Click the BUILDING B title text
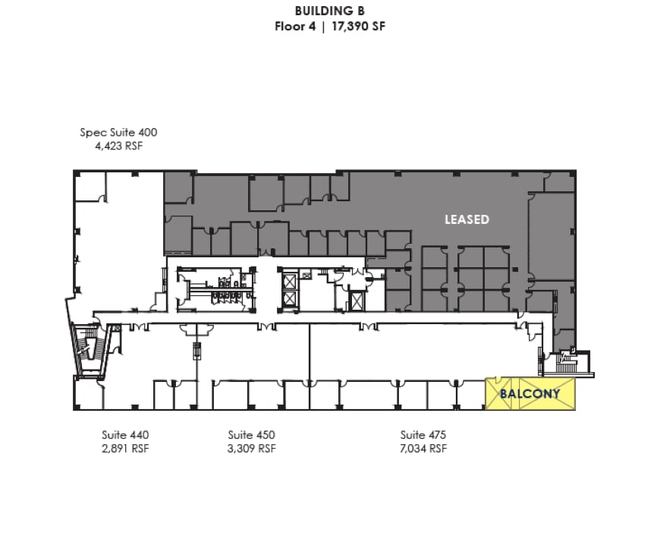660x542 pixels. pos(329,11)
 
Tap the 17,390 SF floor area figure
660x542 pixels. pos(357,25)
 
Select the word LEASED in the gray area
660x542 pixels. pos(467,219)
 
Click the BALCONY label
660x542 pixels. pos(530,394)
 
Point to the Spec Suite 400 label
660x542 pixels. pos(118,132)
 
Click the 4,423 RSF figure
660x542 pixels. pos(118,145)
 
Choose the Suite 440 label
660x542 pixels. pos(125,435)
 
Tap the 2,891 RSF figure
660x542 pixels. pos(125,448)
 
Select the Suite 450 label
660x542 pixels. pos(251,435)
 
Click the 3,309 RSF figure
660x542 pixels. pos(251,448)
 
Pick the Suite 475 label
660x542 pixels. pos(423,435)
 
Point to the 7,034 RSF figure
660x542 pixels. pos(423,448)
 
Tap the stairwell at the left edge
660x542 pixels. pos(90,349)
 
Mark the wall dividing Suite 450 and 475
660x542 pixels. pos(310,353)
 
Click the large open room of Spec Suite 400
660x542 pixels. pos(118,243)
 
